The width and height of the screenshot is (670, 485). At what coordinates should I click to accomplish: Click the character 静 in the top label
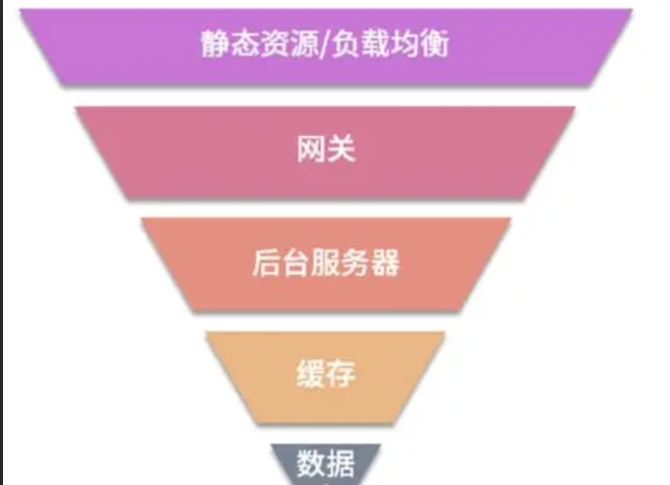pos(215,44)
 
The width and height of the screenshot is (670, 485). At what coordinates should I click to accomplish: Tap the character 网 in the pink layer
pos(311,151)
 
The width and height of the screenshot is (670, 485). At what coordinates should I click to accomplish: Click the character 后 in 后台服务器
pos(266,263)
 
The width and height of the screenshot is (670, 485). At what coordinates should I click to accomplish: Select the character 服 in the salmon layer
pos(326,263)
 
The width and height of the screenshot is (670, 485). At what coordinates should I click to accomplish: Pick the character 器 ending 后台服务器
pos(385,263)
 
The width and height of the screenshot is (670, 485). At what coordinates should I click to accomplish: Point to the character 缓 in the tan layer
pos(310,374)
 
